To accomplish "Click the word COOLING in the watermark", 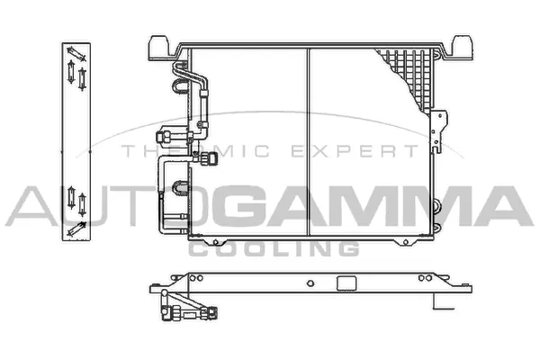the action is point(274,248).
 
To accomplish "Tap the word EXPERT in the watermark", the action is point(355,151).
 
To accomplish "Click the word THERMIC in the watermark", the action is point(195,151).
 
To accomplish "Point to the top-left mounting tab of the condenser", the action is point(159,48).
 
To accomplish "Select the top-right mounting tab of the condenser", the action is point(462,48).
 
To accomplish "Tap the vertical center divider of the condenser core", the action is point(308,142).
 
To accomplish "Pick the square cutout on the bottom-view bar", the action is point(346,283).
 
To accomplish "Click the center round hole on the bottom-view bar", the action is point(310,283).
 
